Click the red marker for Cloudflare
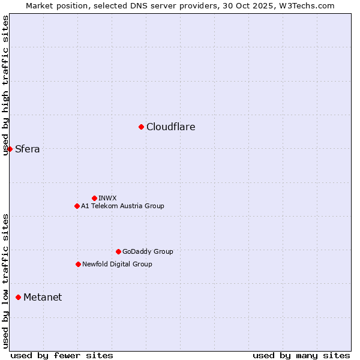click(141, 127)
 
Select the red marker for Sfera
click(10, 149)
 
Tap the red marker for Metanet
click(18, 297)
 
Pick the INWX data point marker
click(94, 198)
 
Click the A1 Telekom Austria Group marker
click(77, 206)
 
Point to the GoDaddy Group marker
click(118, 251)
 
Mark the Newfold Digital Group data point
click(78, 264)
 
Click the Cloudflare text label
click(170, 127)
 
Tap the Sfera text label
click(28, 149)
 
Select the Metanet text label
click(43, 298)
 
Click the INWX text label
click(107, 198)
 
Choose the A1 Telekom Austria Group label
click(122, 206)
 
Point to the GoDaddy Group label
click(148, 251)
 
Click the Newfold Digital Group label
click(117, 264)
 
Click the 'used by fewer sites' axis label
click(62, 355)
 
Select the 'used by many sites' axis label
click(301, 355)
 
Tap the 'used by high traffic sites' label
click(6, 85)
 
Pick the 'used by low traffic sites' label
click(6, 280)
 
